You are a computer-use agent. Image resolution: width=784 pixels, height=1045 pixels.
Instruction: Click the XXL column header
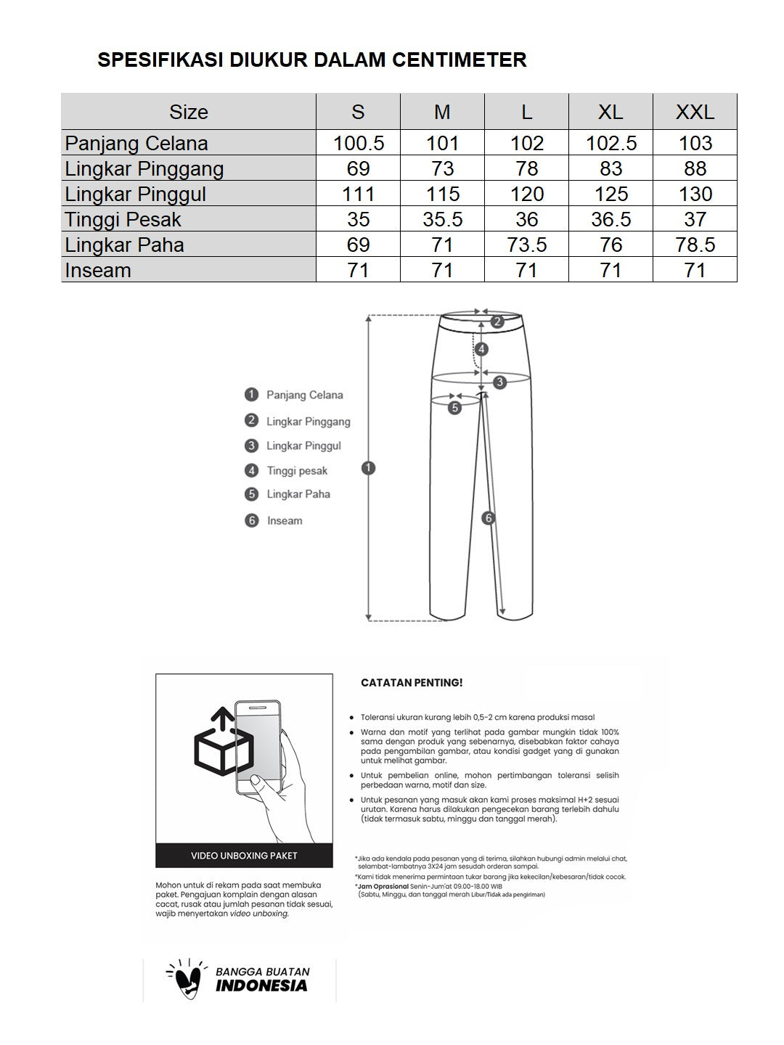pos(695,112)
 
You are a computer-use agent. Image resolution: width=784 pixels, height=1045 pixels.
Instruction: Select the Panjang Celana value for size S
pos(358,143)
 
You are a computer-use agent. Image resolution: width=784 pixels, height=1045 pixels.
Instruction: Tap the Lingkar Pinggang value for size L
pos(526,168)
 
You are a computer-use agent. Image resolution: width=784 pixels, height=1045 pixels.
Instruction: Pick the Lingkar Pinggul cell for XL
pos(611,194)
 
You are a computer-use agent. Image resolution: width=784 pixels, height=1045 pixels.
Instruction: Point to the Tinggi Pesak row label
pos(123,219)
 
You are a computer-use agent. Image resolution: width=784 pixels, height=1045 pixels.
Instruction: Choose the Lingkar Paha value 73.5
pos(526,245)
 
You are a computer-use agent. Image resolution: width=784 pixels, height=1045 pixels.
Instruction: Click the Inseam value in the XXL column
pos(695,270)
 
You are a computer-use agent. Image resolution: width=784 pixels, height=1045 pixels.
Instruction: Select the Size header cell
pos(189,112)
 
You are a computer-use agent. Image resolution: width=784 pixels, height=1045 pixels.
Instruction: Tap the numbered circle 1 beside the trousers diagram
pos(368,468)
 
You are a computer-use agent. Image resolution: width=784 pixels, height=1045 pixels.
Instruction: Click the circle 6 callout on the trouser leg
pos(489,517)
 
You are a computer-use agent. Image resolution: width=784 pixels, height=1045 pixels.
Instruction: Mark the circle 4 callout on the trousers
pos(481,349)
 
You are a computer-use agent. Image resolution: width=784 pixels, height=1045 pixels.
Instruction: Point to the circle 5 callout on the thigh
pos(454,408)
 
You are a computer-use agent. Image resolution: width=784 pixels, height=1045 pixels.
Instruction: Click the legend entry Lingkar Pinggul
pos(303,446)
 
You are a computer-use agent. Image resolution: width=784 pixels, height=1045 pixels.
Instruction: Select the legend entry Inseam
pos(284,520)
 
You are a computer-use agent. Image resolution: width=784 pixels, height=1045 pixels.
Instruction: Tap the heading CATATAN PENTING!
pos(412,683)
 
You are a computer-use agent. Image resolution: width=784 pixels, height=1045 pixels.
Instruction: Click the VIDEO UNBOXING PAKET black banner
pos(244,856)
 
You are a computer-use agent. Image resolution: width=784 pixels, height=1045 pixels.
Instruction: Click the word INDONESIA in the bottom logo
pos(261,986)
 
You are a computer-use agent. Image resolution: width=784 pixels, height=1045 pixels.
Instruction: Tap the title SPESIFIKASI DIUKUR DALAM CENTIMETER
pos(312,60)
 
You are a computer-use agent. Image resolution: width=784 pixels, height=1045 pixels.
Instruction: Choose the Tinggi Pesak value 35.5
pos(442,219)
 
